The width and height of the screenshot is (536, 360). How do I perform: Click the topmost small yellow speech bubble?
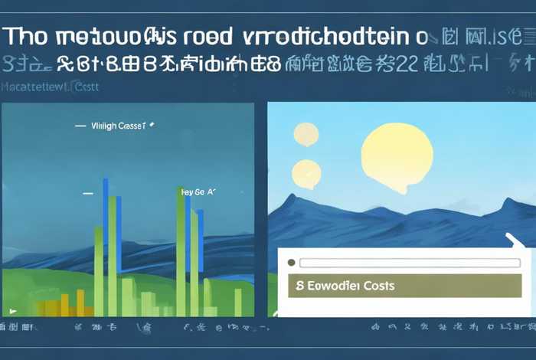[306, 134]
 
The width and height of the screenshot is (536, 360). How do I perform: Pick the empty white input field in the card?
[398, 262]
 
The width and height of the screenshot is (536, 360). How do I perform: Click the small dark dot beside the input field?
[291, 262]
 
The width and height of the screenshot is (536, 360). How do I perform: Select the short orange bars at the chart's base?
[65, 307]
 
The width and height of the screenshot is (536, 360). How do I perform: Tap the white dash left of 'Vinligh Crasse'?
[79, 124]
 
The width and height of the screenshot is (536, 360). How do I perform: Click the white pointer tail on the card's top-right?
[515, 241]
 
